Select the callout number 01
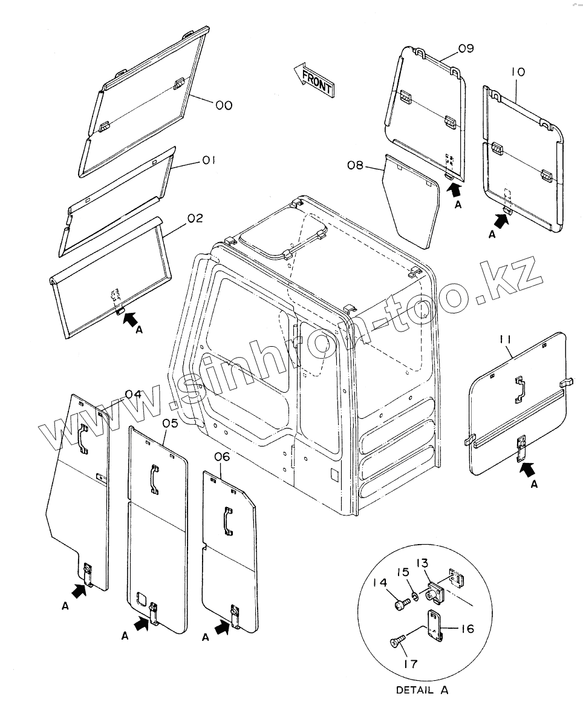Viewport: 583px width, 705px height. pos(209,160)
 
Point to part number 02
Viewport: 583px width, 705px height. pos(195,218)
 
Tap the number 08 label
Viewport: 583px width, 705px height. pos(356,163)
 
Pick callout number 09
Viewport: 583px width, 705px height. pos(466,49)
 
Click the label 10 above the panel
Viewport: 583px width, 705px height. pos(518,71)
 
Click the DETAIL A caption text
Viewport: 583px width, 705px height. pos(423,689)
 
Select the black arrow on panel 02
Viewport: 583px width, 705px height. pos(128,318)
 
